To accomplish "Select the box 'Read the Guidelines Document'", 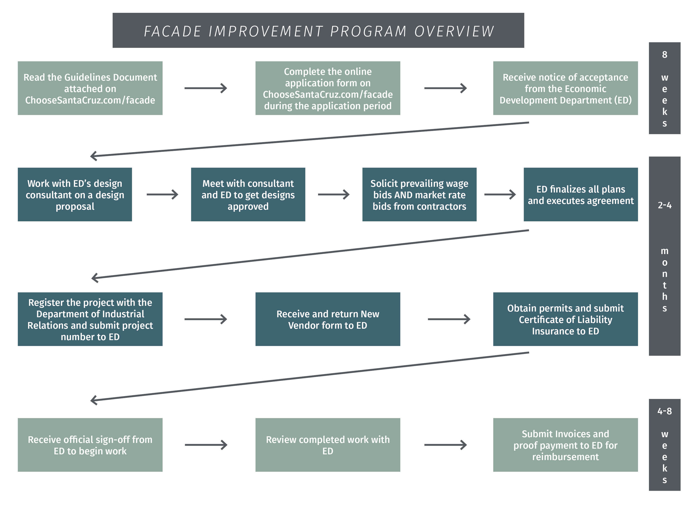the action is tap(90, 88).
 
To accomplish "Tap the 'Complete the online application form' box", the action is tap(328, 88).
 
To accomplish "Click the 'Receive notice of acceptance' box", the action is tap(565, 88).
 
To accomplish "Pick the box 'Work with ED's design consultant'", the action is tap(75, 195).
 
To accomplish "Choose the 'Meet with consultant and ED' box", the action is tap(248, 195).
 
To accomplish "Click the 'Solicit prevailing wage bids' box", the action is tap(419, 195).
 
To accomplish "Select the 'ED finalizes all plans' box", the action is tap(581, 195).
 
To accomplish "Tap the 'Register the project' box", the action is tap(90, 319).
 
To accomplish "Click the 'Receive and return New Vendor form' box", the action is tap(328, 319).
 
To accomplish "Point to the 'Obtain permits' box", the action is tap(565, 319).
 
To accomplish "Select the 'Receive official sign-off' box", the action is tap(90, 445).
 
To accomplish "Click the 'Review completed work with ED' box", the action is tap(328, 445).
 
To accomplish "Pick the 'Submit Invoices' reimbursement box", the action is tap(565, 445).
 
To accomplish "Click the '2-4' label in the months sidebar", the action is tap(665, 205).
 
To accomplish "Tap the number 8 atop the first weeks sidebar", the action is tap(665, 55).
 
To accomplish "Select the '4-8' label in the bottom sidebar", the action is tap(665, 411).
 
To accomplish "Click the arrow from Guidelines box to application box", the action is tap(206, 88).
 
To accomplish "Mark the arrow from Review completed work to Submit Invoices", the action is tap(446, 445).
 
